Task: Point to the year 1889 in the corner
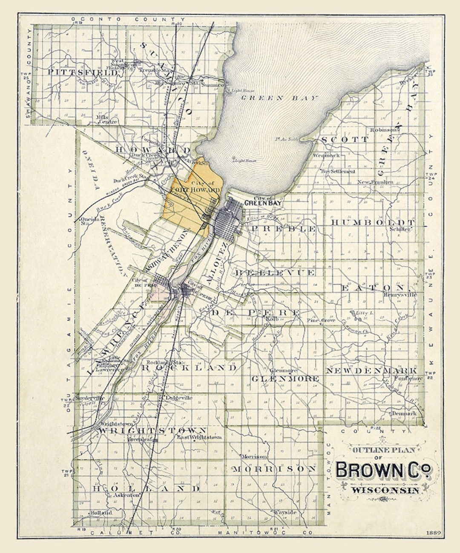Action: [x=433, y=533]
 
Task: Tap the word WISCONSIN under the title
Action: [x=385, y=490]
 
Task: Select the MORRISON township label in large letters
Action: [x=274, y=469]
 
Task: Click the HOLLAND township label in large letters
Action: [x=146, y=488]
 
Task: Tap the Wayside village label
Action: [x=285, y=512]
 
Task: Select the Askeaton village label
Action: [x=126, y=495]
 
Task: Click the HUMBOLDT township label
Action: [x=373, y=223]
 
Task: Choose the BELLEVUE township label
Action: [x=275, y=272]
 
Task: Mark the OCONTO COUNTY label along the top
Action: [x=128, y=19]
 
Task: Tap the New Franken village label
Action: [x=375, y=182]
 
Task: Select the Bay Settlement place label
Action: [x=338, y=171]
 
